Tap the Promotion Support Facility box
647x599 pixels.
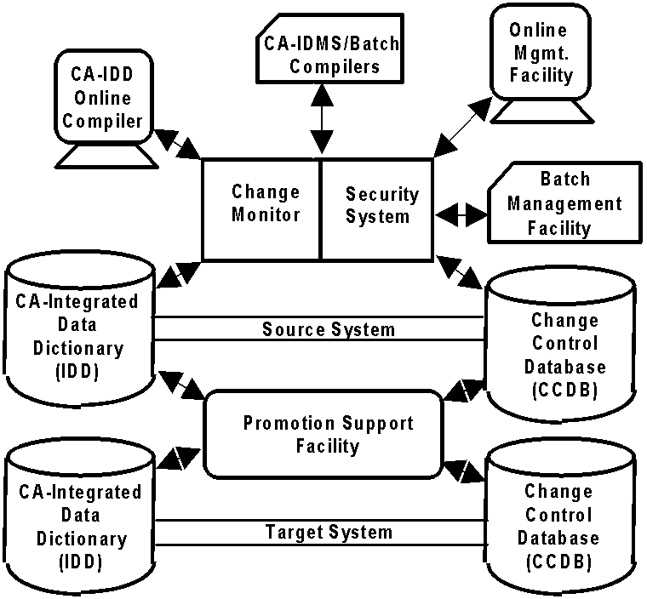[x=328, y=434]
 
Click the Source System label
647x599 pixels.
[x=328, y=328]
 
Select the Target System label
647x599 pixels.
[x=329, y=533]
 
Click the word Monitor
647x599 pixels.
[x=266, y=214]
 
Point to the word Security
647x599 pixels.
[x=381, y=194]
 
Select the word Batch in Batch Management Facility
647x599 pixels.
[x=564, y=180]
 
